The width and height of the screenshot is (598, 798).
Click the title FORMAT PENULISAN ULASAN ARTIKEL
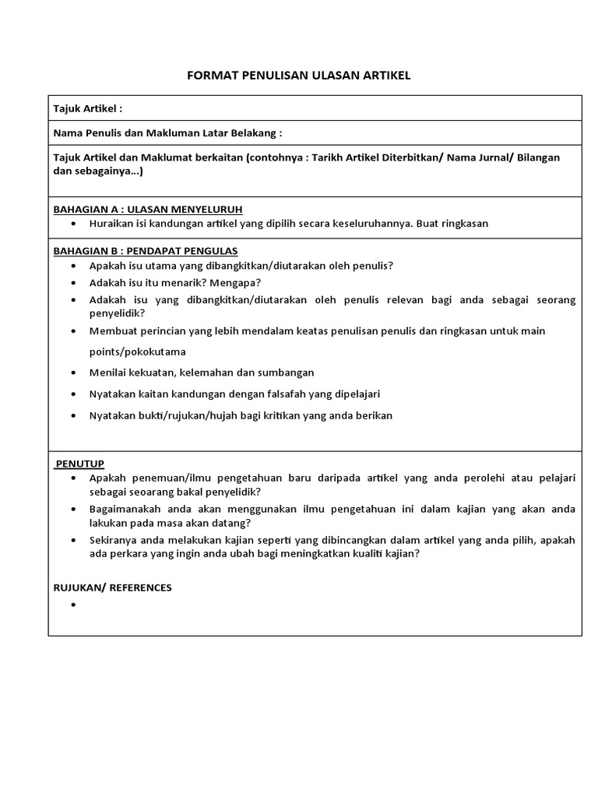click(299, 75)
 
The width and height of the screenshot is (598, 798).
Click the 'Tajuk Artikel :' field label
click(87, 108)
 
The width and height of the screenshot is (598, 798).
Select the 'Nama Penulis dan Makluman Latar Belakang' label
click(167, 133)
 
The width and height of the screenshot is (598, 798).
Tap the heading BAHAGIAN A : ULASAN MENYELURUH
click(148, 210)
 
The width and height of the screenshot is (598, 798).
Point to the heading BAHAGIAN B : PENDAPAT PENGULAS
click(146, 251)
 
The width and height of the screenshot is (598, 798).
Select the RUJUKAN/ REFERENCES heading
click(112, 588)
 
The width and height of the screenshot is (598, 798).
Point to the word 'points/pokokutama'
click(137, 351)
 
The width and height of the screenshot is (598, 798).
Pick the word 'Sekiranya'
click(114, 540)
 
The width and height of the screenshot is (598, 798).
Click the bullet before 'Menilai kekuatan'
click(73, 373)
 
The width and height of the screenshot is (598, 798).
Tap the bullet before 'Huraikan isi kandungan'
click(73, 224)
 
